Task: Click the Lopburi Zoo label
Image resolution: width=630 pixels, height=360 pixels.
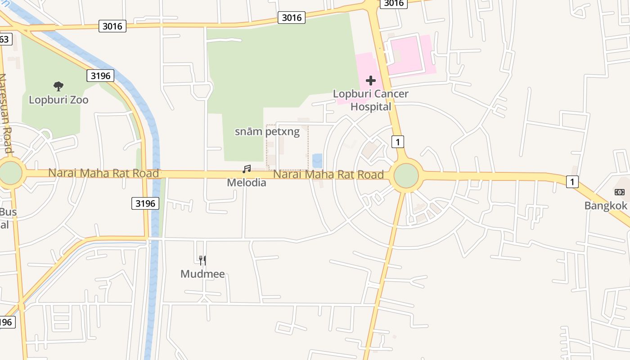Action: pyautogui.click(x=58, y=100)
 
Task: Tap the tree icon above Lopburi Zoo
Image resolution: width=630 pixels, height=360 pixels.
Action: pyautogui.click(x=58, y=86)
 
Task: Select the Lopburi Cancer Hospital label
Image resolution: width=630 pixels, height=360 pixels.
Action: pyautogui.click(x=371, y=100)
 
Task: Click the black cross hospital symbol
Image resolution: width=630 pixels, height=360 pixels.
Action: pyautogui.click(x=371, y=81)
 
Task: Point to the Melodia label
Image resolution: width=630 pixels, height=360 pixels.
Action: pyautogui.click(x=247, y=183)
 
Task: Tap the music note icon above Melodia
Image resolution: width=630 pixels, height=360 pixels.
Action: pyautogui.click(x=247, y=169)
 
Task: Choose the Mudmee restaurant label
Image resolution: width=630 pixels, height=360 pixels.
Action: pyautogui.click(x=202, y=274)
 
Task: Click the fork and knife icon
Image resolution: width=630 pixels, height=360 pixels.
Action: pyautogui.click(x=202, y=260)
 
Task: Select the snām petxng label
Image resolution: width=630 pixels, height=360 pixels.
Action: pyautogui.click(x=267, y=132)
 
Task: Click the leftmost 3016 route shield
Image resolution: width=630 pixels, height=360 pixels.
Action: pyautogui.click(x=112, y=26)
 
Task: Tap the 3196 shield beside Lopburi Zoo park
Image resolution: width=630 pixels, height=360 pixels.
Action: pyautogui.click(x=100, y=76)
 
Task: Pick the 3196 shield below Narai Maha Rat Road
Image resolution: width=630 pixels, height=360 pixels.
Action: pyautogui.click(x=145, y=203)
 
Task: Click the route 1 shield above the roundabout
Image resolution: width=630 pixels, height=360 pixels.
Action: pyautogui.click(x=397, y=142)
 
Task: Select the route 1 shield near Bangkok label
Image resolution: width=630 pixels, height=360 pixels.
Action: pyautogui.click(x=572, y=182)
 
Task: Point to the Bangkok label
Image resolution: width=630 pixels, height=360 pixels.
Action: pyautogui.click(x=606, y=206)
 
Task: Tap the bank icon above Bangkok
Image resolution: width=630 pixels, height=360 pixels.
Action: pyautogui.click(x=620, y=192)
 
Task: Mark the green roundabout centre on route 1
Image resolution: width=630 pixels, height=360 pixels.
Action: pyautogui.click(x=406, y=176)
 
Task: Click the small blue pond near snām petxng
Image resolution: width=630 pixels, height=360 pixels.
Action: pyautogui.click(x=317, y=160)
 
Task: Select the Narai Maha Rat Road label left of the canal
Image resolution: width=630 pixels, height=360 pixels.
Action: pyautogui.click(x=103, y=173)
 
